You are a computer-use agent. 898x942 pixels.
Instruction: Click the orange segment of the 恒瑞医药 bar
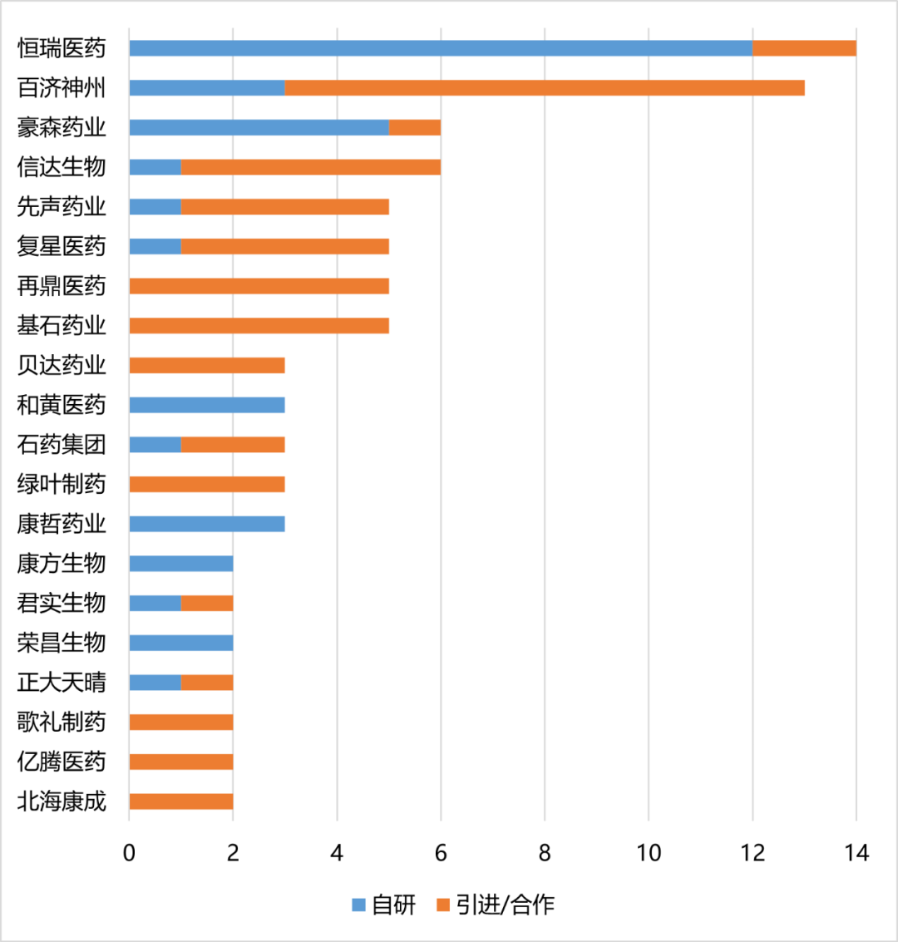click(x=804, y=48)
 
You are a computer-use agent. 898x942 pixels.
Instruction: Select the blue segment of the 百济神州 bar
click(x=207, y=88)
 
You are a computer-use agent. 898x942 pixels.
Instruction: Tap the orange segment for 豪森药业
click(x=415, y=127)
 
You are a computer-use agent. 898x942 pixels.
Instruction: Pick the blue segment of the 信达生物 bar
click(x=155, y=167)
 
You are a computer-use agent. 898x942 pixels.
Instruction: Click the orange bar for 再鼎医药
click(x=259, y=286)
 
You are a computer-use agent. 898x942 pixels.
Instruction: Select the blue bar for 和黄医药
click(x=207, y=405)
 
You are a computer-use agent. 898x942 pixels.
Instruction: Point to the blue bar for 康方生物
click(x=181, y=564)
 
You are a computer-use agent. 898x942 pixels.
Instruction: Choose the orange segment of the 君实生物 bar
click(x=207, y=604)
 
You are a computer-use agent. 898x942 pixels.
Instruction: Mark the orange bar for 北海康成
click(x=181, y=801)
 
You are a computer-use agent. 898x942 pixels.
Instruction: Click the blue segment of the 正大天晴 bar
click(x=155, y=683)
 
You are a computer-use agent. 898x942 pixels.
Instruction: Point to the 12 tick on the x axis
click(x=752, y=853)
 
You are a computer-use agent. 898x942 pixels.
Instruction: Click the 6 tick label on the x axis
click(x=441, y=853)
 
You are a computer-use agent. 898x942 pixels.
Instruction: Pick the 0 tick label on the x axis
click(x=129, y=853)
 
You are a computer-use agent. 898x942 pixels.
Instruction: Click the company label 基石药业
click(x=62, y=326)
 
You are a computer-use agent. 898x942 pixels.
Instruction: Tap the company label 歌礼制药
click(x=62, y=723)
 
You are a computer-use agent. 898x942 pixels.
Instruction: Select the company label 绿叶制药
click(x=62, y=485)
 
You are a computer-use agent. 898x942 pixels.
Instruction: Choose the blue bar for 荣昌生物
click(x=181, y=643)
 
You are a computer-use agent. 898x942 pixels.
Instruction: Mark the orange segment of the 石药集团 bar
click(x=233, y=445)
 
